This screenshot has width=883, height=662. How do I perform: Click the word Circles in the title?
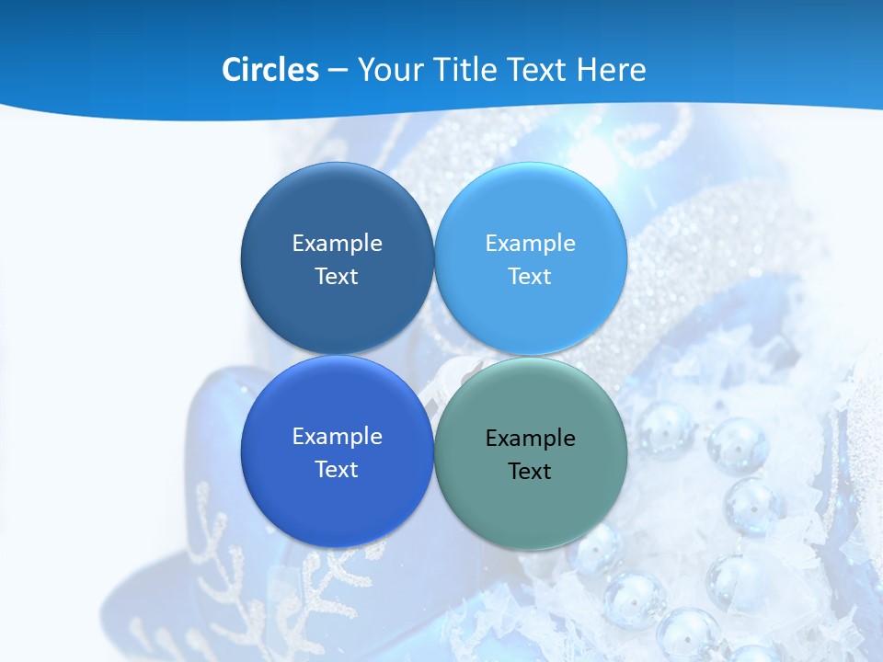269,70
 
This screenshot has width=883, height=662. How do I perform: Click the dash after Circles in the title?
338,71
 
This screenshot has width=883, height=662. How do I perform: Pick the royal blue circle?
337,501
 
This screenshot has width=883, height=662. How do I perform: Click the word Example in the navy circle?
337,243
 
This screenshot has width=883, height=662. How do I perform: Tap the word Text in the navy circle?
337,276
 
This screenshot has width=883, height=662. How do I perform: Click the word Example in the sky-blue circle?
530,243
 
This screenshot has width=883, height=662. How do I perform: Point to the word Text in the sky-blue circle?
530,276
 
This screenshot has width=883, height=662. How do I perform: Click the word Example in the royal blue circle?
337,436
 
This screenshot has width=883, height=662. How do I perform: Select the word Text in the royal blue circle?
337,469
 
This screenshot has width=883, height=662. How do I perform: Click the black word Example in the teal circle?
530,438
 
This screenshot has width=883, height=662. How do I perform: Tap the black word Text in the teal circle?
530,471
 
